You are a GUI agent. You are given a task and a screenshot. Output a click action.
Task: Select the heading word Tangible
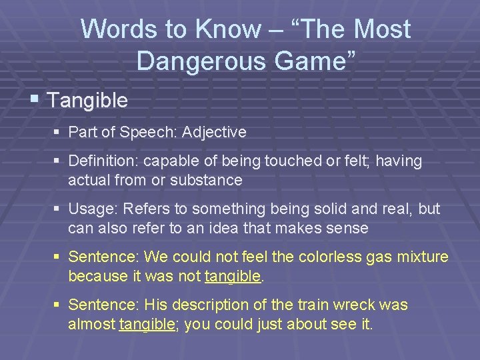coord(87,101)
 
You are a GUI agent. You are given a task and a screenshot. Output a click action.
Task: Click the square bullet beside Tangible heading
coord(35,100)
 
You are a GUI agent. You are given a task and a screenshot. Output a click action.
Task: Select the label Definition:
coord(103,161)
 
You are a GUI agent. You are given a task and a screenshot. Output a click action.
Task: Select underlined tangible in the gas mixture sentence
coord(232,276)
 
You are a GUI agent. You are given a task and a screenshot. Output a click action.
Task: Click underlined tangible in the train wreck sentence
coord(147,324)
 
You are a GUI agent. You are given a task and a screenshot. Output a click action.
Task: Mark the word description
coord(210,305)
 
